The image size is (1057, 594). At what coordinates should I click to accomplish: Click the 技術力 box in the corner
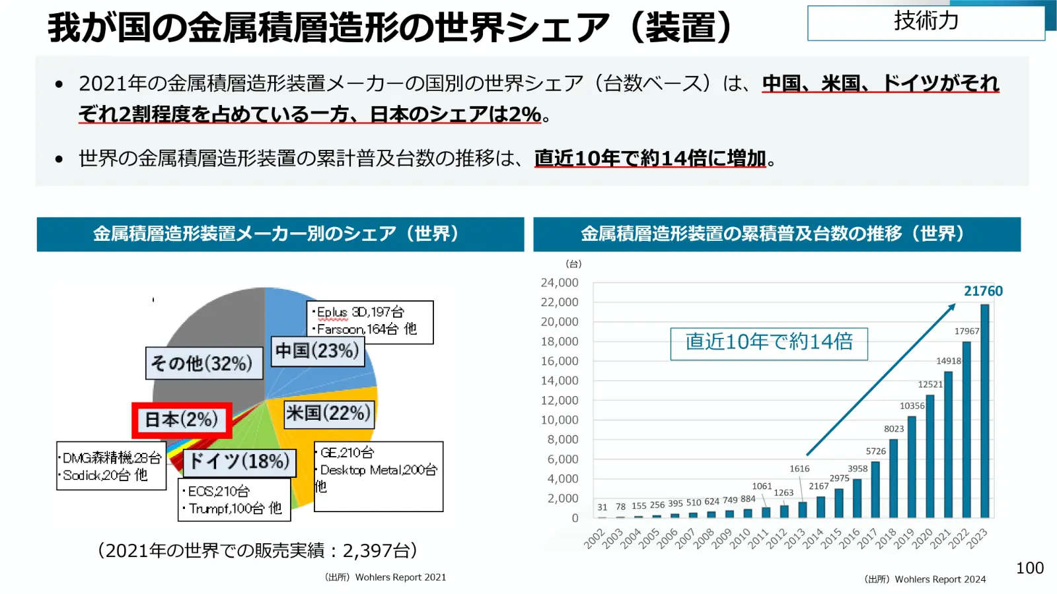click(x=926, y=22)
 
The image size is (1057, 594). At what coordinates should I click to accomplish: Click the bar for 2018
click(x=893, y=478)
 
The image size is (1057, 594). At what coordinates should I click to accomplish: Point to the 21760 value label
click(x=983, y=291)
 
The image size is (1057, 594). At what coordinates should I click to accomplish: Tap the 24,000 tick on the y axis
click(x=559, y=282)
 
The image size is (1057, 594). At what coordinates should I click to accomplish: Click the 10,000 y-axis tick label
click(x=559, y=420)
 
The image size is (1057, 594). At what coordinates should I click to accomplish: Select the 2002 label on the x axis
click(x=594, y=539)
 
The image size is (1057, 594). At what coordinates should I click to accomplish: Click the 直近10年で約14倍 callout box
click(x=769, y=344)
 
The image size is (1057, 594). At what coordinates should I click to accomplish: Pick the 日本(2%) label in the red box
click(x=182, y=420)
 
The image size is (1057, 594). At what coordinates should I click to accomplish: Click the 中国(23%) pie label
click(x=317, y=350)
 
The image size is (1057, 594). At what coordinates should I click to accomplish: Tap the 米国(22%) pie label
click(x=328, y=413)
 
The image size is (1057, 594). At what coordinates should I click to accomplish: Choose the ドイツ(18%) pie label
click(x=239, y=461)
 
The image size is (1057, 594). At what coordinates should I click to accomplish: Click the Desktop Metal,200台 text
click(x=379, y=470)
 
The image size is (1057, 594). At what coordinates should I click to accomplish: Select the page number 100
click(x=1029, y=568)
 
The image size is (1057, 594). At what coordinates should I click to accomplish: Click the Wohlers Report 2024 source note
click(x=926, y=579)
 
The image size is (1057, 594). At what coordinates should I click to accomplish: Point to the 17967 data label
click(x=966, y=331)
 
